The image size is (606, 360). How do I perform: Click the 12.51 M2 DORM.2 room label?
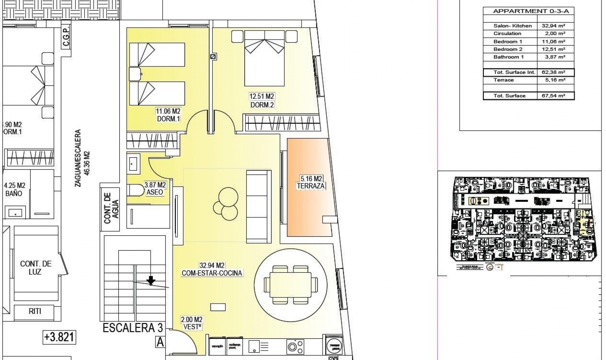[x=262, y=101]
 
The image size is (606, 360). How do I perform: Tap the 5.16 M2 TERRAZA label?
[x=311, y=183]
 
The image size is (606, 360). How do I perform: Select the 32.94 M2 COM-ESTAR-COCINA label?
[x=212, y=269]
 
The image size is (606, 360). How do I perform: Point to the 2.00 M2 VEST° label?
[x=192, y=323]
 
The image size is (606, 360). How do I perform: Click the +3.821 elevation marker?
[x=59, y=337]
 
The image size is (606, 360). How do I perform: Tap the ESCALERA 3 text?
[x=133, y=328]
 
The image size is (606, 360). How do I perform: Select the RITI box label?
[x=35, y=311]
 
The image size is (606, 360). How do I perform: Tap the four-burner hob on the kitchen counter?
[x=295, y=346]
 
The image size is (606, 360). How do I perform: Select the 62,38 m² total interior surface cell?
[x=555, y=72]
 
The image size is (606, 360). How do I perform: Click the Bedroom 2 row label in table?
[x=508, y=49]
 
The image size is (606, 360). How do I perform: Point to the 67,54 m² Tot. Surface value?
[x=555, y=96]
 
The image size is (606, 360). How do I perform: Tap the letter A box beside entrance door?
[x=160, y=342]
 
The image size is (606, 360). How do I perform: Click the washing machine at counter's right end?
[x=334, y=346]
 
